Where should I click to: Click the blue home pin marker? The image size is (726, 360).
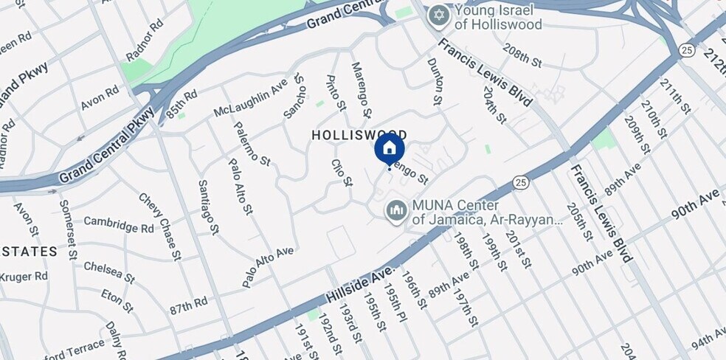tap(389, 148)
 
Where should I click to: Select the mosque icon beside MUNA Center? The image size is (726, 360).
tap(396, 212)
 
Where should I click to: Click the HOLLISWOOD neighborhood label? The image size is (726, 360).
tap(349, 136)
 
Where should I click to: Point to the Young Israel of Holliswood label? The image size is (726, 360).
tap(499, 18)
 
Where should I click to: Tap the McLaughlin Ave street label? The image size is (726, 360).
tap(249, 99)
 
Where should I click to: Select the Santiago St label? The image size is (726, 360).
tap(209, 207)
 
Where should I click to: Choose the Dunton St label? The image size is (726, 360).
tap(436, 81)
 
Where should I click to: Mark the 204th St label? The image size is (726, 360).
tap(495, 105)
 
